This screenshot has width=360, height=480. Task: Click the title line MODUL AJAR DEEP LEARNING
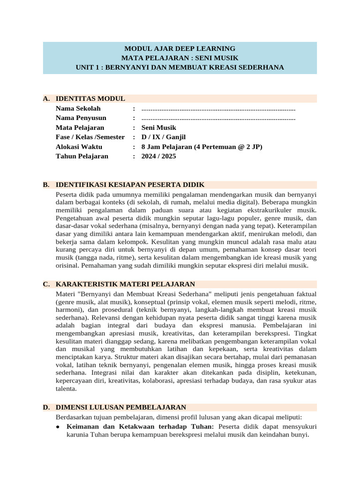(180, 48)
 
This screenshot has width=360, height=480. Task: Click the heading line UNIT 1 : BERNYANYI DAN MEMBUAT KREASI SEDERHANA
(180, 67)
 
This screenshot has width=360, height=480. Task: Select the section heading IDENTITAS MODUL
(90, 98)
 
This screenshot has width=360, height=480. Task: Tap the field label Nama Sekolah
(78, 108)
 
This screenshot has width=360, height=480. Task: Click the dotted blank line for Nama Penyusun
(218, 118)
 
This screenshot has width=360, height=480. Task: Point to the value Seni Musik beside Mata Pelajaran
(159, 127)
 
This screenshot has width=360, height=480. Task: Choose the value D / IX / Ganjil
(164, 137)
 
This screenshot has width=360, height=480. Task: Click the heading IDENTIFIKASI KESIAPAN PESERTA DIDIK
(130, 185)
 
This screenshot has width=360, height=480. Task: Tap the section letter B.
(45, 185)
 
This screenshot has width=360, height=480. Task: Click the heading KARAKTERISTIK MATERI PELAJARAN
(125, 284)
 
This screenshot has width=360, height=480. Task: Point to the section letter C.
(45, 284)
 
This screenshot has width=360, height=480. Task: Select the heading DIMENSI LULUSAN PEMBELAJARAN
(121, 407)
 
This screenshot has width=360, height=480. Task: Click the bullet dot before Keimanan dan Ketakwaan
(57, 427)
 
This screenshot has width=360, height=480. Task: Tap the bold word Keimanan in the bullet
(82, 427)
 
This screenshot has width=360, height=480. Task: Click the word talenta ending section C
(65, 389)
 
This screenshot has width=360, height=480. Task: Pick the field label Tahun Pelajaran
(82, 156)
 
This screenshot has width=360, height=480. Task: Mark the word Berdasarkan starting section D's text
(75, 417)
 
